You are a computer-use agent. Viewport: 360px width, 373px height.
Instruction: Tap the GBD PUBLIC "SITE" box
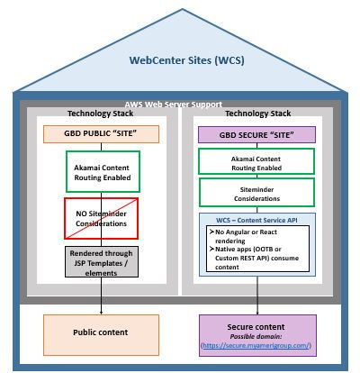coord(102,135)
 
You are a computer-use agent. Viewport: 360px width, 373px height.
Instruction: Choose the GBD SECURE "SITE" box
coord(258,133)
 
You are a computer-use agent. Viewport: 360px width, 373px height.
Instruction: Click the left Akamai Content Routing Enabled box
coord(102,171)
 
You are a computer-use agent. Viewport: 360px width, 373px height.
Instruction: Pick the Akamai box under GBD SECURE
coord(258,163)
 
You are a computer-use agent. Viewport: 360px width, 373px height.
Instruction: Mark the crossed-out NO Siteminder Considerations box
coord(102,216)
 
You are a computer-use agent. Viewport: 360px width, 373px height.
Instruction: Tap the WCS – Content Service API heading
coord(258,220)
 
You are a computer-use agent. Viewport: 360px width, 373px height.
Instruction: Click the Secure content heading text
coord(259,326)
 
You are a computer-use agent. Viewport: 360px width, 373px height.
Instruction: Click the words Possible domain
coord(259,336)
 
